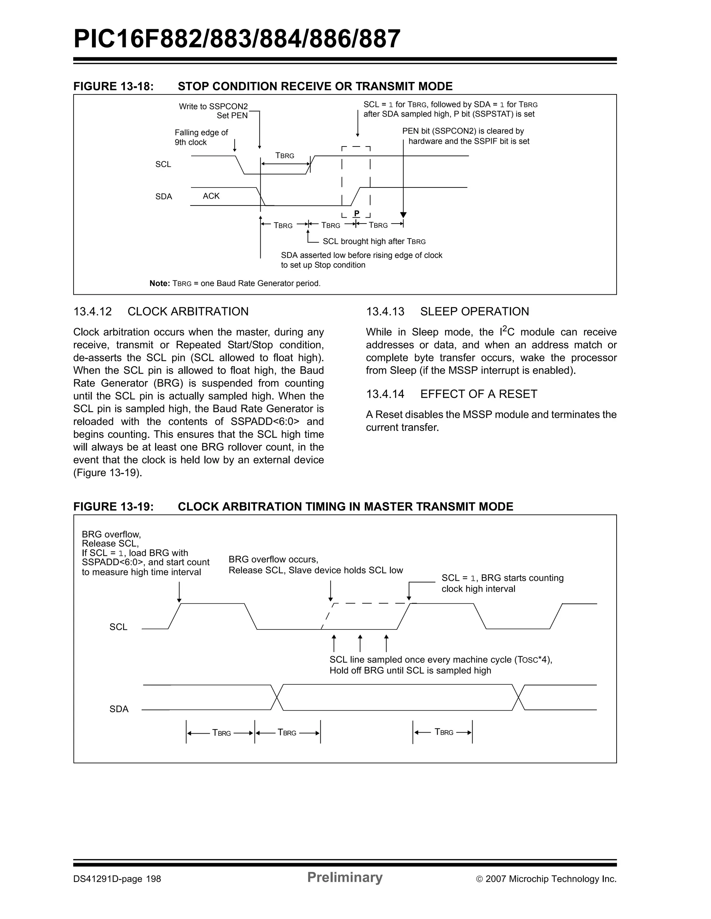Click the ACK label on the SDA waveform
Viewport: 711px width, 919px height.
point(211,196)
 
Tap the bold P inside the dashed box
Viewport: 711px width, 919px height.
point(356,213)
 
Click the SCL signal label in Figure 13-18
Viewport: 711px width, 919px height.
point(163,165)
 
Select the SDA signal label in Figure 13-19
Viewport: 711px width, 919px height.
point(119,709)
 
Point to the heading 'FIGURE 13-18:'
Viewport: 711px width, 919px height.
point(114,86)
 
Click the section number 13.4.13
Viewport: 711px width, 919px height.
point(385,311)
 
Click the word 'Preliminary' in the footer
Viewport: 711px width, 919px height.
point(344,877)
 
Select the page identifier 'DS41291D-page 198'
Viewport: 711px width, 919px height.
point(117,879)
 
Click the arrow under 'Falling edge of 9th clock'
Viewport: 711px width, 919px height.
point(235,145)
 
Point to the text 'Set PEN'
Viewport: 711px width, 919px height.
point(232,116)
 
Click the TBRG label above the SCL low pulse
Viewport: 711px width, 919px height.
point(285,156)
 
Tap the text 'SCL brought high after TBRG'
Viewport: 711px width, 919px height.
point(374,242)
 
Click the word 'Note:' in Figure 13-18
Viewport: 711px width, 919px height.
point(159,284)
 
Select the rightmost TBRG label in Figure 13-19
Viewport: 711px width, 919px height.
point(443,732)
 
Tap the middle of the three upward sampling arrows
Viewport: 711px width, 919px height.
point(360,643)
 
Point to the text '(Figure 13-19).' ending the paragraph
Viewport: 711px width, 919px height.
point(107,473)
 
